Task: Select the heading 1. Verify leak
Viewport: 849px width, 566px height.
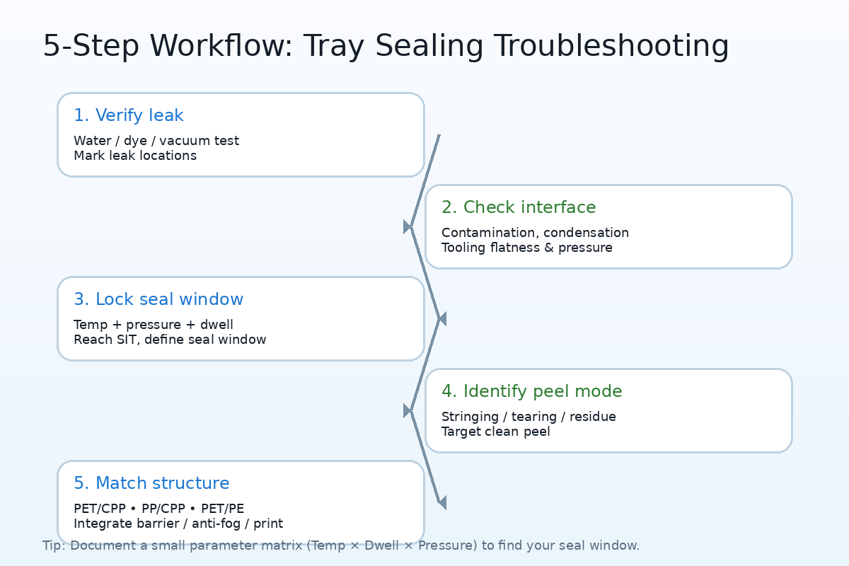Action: [x=129, y=115]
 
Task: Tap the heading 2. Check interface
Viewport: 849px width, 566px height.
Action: [x=519, y=207]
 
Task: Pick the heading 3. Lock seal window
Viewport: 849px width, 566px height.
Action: [x=158, y=299]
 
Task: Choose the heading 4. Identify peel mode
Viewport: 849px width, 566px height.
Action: [x=532, y=391]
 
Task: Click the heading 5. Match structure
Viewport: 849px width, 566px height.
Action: [x=151, y=483]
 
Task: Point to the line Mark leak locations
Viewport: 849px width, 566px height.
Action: [x=135, y=156]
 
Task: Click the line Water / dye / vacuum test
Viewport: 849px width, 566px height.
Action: [x=156, y=141]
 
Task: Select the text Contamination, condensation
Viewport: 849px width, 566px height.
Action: [x=535, y=233]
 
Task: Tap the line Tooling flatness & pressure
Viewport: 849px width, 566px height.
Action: [x=527, y=248]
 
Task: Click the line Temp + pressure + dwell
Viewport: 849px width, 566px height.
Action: [x=153, y=325]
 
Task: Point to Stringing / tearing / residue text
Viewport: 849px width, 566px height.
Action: [x=529, y=417]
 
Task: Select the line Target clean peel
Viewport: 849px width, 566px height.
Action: [x=495, y=432]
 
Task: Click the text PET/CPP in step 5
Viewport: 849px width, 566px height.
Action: [x=100, y=509]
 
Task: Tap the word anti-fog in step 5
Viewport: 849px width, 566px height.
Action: [x=216, y=524]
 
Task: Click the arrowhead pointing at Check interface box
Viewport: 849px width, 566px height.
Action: [x=408, y=226]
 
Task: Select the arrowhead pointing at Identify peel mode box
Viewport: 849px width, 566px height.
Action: [x=408, y=411]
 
